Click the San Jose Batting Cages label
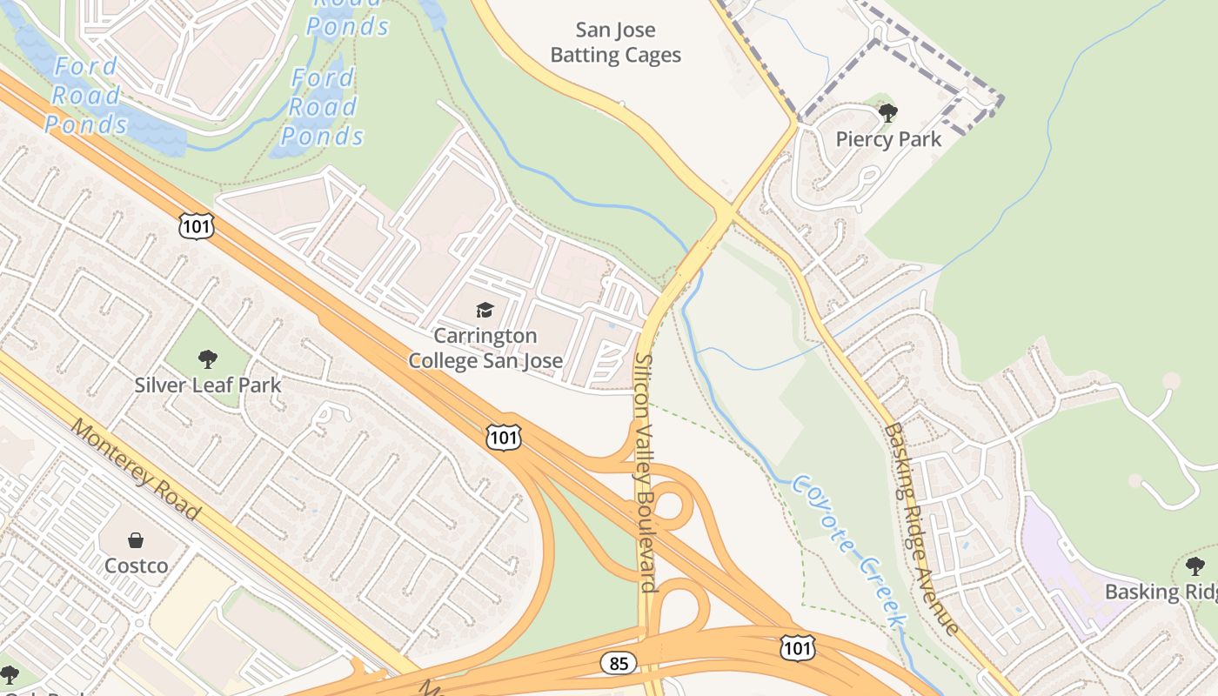(x=616, y=43)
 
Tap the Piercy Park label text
(x=888, y=139)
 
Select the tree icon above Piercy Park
(x=887, y=113)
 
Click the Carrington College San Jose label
(x=485, y=348)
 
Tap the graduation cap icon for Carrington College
(x=485, y=310)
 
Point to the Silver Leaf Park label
(x=208, y=385)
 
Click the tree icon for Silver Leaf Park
(x=207, y=358)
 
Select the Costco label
(x=137, y=565)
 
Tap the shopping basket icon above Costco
(x=136, y=540)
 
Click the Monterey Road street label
(x=136, y=470)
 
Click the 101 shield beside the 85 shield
(x=797, y=647)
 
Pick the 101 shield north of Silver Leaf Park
(x=197, y=224)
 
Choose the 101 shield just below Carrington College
(x=504, y=438)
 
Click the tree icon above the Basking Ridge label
(x=1195, y=566)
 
